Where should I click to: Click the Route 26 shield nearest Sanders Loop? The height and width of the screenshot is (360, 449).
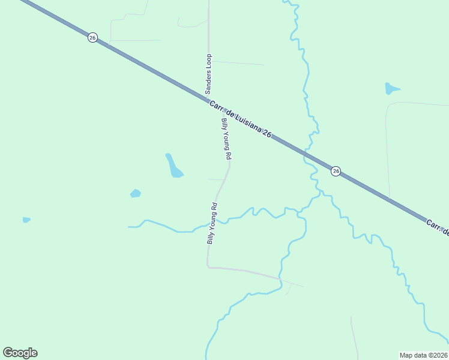[92, 37]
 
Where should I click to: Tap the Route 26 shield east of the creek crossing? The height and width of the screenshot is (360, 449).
[336, 171]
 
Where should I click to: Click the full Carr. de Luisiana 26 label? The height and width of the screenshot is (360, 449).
[241, 120]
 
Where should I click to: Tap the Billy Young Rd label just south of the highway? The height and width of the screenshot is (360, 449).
[226, 139]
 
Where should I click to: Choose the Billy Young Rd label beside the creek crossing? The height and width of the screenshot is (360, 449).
[212, 223]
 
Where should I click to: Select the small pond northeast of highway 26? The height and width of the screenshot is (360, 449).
[391, 89]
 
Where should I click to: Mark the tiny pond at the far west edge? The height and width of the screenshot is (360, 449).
[26, 220]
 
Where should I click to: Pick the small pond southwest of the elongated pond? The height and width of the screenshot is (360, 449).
[136, 193]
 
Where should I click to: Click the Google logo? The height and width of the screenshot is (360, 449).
[20, 353]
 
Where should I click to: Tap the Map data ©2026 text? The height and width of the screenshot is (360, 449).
[423, 355]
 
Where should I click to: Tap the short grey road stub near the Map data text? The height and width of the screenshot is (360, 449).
[354, 336]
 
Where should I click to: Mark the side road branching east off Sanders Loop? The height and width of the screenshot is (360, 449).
[237, 62]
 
